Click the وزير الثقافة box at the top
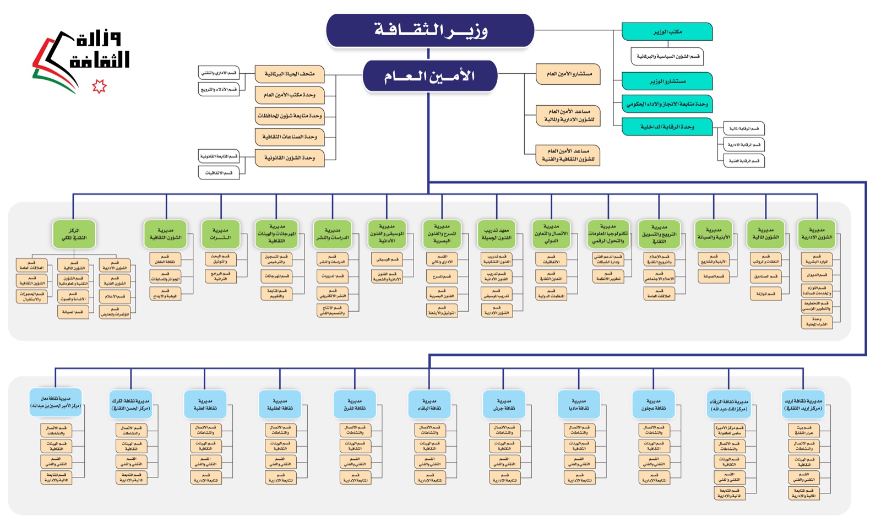pos(430,30)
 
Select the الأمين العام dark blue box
pos(429,76)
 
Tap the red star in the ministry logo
pos(99,86)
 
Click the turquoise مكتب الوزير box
pos(667,32)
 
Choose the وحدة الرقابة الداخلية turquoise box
pos(667,127)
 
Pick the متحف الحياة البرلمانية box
pos(289,74)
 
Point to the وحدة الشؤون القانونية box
pos(289,158)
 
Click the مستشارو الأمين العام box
pos(568,74)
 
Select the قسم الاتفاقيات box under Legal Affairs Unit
pos(219,173)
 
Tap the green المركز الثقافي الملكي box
pos(74,234)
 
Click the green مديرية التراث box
pos(220,234)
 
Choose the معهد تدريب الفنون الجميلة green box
pos(497,234)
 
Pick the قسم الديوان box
pos(817,274)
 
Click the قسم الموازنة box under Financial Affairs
pos(765,294)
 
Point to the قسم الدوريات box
pos(332,276)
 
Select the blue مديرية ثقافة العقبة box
pos(205,405)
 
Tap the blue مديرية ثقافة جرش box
pos(504,405)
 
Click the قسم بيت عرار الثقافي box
pos(803,430)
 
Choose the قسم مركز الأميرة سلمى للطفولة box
pos(729,430)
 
